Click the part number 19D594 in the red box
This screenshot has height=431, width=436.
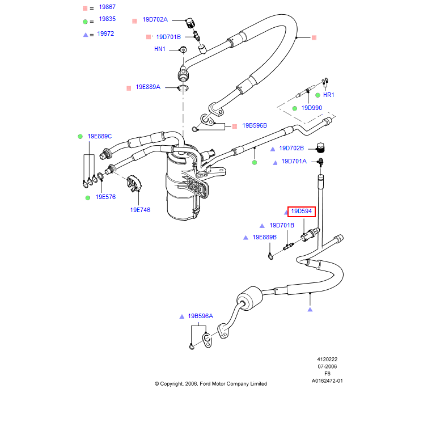click(x=301, y=212)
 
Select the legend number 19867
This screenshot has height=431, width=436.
click(x=107, y=7)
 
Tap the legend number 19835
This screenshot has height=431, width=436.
click(x=107, y=19)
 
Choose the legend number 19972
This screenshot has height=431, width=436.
click(x=105, y=33)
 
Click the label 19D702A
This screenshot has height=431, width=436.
click(x=155, y=19)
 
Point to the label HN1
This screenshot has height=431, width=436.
click(x=160, y=49)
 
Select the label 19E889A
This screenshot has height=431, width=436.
click(x=148, y=87)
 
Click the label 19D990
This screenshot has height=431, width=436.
click(x=311, y=108)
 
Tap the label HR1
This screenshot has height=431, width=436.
click(x=328, y=95)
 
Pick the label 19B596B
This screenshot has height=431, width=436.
click(x=254, y=125)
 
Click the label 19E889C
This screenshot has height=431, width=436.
click(x=99, y=136)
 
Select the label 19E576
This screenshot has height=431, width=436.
click(x=105, y=197)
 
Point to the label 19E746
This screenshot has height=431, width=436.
click(x=140, y=209)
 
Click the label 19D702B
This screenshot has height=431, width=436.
click(x=293, y=148)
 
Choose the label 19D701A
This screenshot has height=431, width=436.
click(x=294, y=161)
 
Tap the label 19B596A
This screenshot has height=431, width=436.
click(x=200, y=316)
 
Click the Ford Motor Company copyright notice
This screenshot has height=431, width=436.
click(x=211, y=384)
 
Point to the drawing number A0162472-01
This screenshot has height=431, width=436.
click(x=327, y=381)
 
